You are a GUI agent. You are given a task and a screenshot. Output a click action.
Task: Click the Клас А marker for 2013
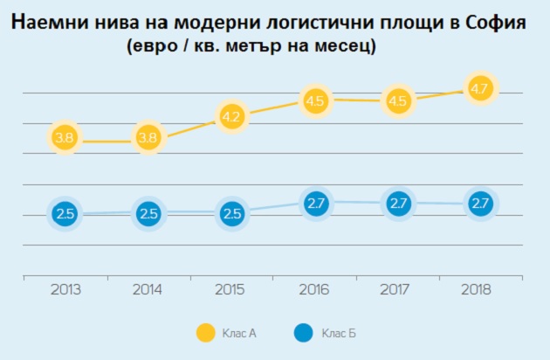64,138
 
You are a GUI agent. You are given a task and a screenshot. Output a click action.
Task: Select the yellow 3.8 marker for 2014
148,138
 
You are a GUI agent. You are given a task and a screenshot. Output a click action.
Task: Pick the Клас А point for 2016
314,100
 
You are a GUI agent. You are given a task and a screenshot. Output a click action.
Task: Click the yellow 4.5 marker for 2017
397,100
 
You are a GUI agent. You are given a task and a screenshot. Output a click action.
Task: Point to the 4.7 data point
480,89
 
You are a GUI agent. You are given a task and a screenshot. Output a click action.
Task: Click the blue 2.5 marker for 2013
64,214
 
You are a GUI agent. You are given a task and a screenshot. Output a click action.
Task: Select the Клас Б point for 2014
148,214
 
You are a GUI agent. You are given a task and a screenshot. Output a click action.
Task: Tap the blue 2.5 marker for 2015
231,214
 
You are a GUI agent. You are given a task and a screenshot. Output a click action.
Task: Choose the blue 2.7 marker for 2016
314,204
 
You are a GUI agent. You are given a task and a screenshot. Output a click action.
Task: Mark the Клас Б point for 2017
397,204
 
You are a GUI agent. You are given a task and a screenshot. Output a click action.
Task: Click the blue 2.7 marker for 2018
480,204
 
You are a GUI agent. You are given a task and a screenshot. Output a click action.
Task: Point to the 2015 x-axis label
231,287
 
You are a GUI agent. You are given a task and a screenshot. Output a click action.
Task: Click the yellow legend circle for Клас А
206,332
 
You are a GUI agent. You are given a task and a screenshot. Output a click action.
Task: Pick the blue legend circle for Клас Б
303,332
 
